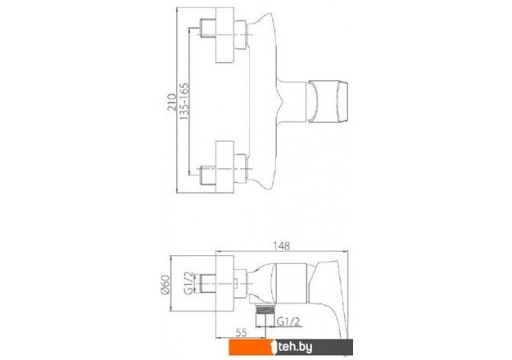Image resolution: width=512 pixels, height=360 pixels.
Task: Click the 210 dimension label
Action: point(171,102)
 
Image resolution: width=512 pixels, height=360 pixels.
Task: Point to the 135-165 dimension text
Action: point(184,101)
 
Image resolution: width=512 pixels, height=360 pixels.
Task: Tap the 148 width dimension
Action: point(281,245)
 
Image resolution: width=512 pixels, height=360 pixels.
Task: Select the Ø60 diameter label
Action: point(165,284)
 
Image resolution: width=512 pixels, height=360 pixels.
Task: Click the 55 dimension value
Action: point(241,332)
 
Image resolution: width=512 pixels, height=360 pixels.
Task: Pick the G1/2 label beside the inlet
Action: point(189,283)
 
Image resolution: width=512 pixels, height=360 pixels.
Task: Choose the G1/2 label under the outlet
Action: point(288,322)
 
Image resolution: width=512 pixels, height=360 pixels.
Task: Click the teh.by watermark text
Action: point(294,347)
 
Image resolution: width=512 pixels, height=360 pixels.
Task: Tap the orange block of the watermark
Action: point(252,347)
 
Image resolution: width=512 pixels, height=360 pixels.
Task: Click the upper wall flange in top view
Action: point(225,35)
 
